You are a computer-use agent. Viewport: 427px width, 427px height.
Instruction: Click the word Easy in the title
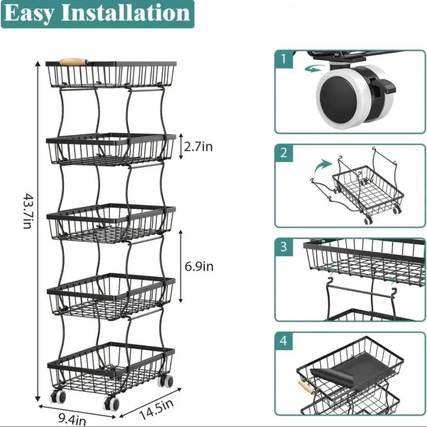pos(29,14)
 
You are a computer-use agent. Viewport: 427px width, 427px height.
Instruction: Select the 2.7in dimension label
pos(198,147)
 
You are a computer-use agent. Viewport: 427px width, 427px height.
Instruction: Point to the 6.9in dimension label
pos(199,267)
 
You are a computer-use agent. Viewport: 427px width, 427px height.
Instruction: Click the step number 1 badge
pos(284,60)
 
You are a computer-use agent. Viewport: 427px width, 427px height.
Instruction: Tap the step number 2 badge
pos(284,153)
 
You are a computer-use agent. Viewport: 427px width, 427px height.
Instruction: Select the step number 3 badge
pos(284,247)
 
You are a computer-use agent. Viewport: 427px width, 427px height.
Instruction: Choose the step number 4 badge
pos(284,341)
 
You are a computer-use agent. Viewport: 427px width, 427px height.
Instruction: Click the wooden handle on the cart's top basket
pos(74,62)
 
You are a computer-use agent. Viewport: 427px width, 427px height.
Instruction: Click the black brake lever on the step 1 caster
pos(387,86)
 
